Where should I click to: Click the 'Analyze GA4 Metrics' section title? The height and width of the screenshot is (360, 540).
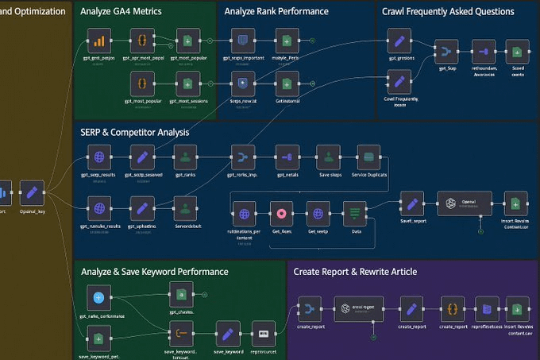pos(121,12)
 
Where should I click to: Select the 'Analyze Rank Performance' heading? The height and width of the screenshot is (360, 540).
pos(276,12)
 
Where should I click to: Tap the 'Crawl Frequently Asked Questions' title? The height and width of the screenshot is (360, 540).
pos(448,12)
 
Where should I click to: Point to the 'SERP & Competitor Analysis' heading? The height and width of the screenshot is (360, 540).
pos(135,132)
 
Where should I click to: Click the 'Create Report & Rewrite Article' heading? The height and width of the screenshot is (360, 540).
pos(355,272)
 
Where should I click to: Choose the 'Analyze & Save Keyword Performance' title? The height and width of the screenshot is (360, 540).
pos(154,272)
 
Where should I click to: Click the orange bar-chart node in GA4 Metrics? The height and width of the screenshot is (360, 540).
pos(98,41)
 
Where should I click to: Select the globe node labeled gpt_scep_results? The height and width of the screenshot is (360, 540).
pos(98,157)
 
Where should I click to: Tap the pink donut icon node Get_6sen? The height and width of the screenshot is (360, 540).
pos(282,213)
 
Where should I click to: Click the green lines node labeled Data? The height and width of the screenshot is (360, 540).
pos(354,213)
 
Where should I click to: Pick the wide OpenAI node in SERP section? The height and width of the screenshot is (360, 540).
pos(465,203)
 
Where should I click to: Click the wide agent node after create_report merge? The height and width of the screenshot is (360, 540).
pos(358,310)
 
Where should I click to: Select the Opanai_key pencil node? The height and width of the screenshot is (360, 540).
pos(32,192)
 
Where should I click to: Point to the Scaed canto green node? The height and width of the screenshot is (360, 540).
pos(516,53)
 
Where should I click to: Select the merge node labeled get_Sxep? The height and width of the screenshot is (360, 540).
pos(446,53)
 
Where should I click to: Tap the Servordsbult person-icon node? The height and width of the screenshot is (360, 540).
pos(184,210)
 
